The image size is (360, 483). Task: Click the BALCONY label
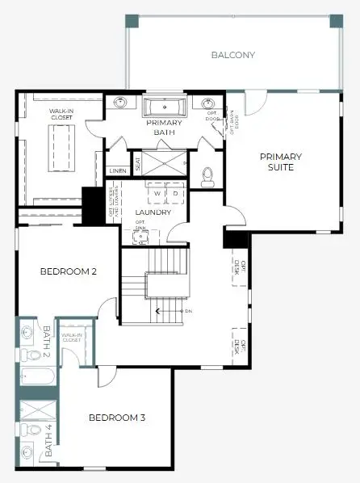(x=232, y=55)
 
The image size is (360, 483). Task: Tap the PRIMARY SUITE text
(x=281, y=162)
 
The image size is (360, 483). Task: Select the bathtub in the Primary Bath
(x=165, y=106)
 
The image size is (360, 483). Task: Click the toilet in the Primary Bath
(x=207, y=174)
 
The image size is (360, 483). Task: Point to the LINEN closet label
(x=116, y=171)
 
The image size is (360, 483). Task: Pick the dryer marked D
(x=175, y=195)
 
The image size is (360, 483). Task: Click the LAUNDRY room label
(x=153, y=212)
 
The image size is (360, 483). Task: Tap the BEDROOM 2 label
(x=69, y=271)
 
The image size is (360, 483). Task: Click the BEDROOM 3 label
(x=117, y=418)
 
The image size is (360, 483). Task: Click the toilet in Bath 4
(x=26, y=428)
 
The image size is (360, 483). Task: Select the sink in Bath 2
(x=27, y=330)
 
